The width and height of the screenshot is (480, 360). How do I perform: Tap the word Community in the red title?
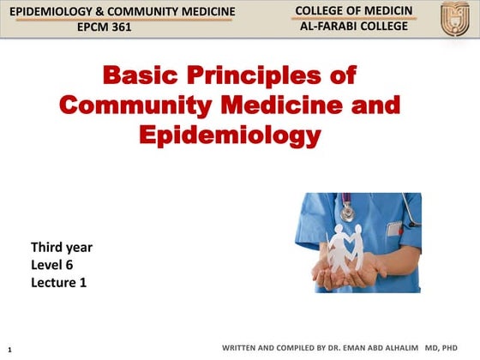136,106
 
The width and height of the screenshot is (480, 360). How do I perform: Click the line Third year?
62,248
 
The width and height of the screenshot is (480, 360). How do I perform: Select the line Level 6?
51,265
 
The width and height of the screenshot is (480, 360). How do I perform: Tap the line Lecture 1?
59,282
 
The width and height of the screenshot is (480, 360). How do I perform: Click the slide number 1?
9,350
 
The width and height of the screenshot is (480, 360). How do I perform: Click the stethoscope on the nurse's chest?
346,208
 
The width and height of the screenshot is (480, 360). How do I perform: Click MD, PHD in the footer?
441,349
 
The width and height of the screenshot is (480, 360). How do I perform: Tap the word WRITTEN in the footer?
241,349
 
